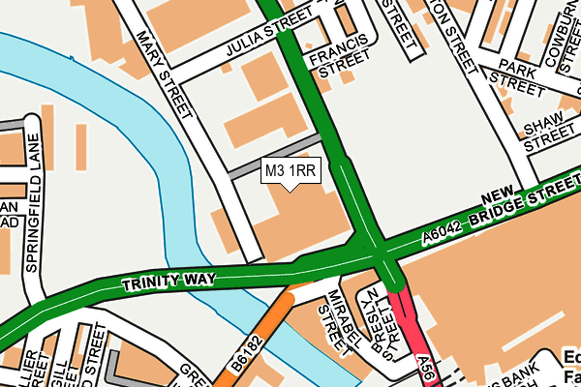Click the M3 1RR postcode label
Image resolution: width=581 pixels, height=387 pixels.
coord(290,170)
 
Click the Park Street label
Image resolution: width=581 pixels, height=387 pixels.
coord(517,79)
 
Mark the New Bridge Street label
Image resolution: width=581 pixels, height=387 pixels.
coord(528,198)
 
